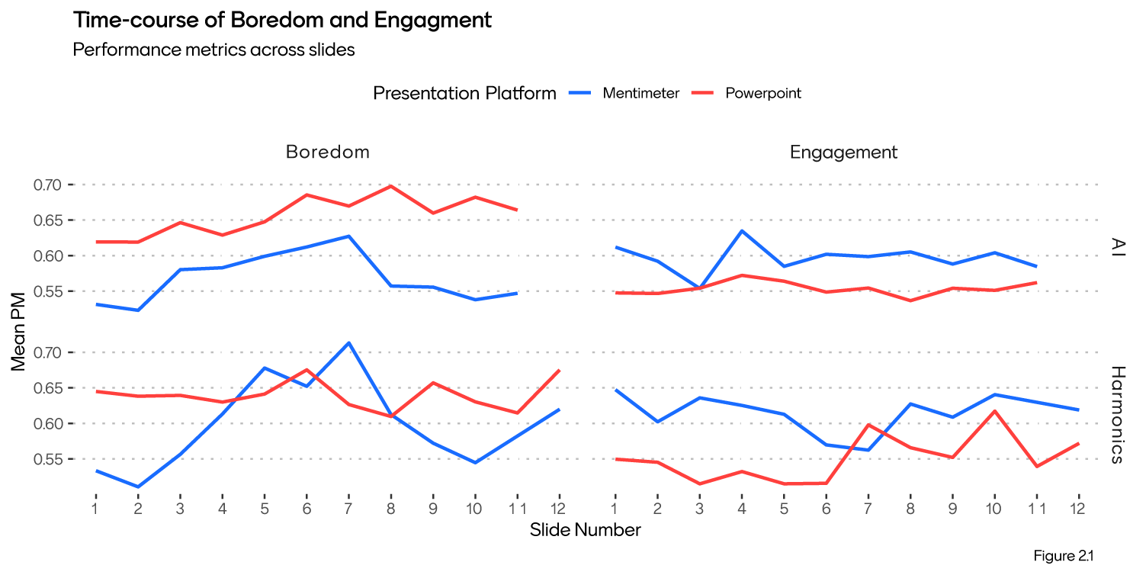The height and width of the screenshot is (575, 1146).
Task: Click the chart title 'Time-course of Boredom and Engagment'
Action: click(x=282, y=21)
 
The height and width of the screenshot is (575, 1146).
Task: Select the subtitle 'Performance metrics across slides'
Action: click(x=213, y=50)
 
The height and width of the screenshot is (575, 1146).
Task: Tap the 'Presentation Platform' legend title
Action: click(x=464, y=94)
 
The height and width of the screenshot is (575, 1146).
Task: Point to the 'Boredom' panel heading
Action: click(x=328, y=152)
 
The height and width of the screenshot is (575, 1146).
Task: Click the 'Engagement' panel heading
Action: click(x=844, y=152)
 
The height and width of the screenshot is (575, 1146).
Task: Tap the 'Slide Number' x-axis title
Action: click(x=586, y=530)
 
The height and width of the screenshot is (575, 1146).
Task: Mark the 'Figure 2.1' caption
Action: click(x=1064, y=556)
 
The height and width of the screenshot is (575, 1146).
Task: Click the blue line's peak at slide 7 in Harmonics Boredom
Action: click(x=348, y=342)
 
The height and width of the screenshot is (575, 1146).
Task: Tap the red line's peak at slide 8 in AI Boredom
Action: click(x=390, y=186)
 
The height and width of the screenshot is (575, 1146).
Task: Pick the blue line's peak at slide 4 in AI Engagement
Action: click(x=742, y=230)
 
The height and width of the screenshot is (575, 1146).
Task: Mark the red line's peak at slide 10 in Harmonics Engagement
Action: click(x=994, y=411)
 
